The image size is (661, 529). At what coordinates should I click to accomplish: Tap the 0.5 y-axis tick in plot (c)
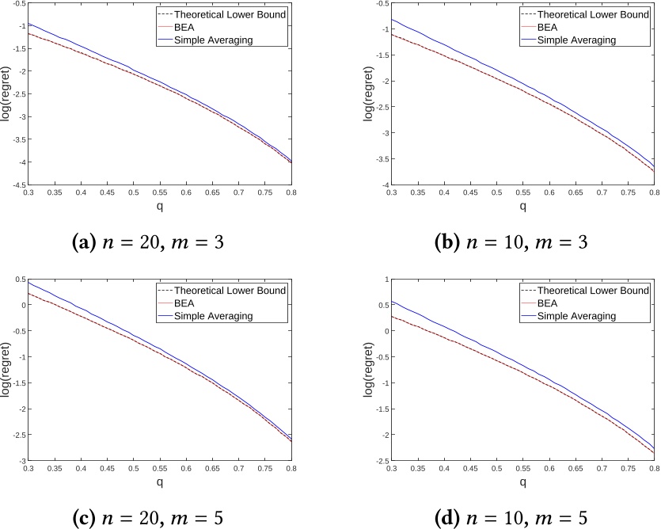click(17, 279)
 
